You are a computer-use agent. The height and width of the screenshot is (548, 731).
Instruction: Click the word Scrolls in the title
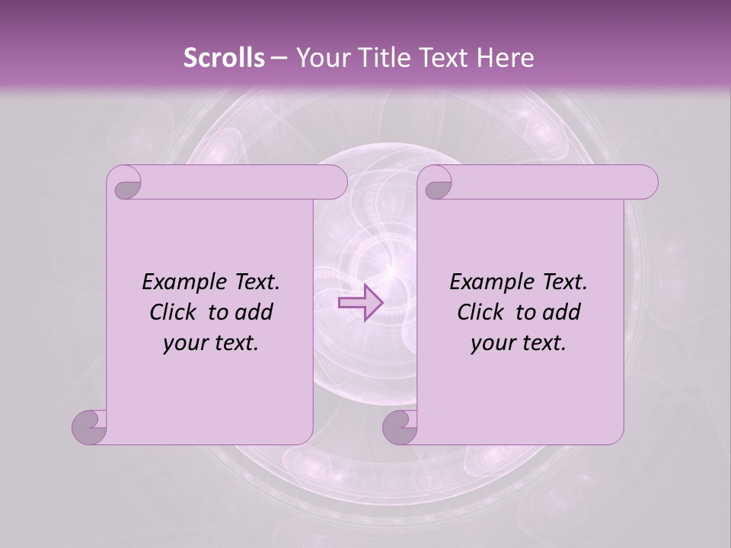[224, 58]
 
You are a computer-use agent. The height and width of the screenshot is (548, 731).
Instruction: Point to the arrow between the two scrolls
[360, 302]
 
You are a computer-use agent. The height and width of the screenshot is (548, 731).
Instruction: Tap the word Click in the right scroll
[481, 312]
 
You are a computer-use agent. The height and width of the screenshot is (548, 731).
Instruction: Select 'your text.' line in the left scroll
[211, 342]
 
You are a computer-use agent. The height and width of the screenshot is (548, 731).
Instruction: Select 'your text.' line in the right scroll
[519, 342]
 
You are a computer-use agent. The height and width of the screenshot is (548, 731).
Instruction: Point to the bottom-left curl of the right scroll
[401, 427]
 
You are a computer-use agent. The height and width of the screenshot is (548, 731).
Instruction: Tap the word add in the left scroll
[254, 312]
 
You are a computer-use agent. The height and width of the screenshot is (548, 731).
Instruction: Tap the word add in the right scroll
[562, 312]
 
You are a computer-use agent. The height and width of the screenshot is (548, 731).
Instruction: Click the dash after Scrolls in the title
[279, 58]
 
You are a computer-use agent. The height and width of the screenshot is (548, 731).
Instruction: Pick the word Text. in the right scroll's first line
[564, 282]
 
